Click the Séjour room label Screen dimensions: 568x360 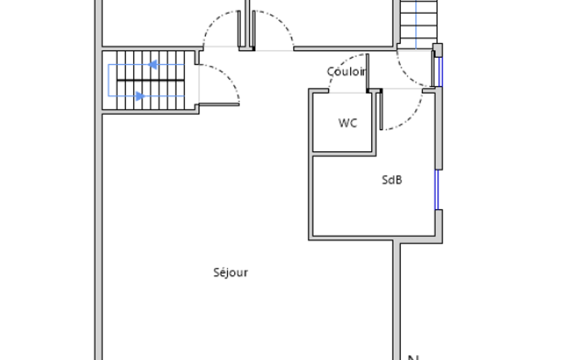point(231,272)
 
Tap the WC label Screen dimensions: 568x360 point(348,123)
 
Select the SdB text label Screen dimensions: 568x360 point(392,179)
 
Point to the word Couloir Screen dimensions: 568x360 point(347,71)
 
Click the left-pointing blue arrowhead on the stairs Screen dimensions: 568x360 point(152,65)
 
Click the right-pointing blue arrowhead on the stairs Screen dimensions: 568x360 point(140,96)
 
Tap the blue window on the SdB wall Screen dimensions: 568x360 point(437,189)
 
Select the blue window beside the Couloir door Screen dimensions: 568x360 point(441,71)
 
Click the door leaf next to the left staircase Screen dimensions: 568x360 point(219,105)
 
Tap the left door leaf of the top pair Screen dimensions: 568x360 point(239,29)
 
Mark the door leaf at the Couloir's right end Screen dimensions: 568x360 point(433,69)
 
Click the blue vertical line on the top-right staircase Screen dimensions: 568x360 point(416,24)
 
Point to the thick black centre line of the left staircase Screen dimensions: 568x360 point(151,80)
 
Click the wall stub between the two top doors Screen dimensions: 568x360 point(247,24)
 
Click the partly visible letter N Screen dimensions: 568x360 point(413,358)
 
